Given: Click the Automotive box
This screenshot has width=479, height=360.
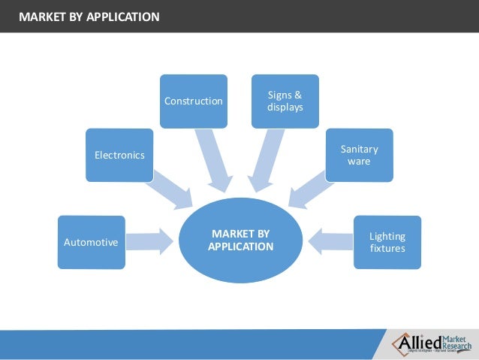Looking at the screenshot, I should (91, 242).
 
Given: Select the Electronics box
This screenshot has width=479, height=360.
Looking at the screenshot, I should (119, 155).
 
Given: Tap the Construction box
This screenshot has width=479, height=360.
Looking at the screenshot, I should (193, 101).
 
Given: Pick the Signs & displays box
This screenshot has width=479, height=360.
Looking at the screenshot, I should (285, 101).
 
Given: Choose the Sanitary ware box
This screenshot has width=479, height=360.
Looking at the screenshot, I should (359, 155).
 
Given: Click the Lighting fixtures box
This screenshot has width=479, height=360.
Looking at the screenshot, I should (387, 241).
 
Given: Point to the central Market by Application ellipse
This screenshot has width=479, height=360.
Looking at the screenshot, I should (240, 241).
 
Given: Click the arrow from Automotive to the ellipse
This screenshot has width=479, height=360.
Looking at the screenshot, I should (150, 241).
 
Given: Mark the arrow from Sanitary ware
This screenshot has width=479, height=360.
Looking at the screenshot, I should (308, 191).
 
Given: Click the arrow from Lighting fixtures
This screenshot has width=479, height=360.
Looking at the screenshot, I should (330, 241).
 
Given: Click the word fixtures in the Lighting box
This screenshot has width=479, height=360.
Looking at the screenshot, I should (387, 248).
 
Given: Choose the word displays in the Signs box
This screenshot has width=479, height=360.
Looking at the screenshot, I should (285, 107).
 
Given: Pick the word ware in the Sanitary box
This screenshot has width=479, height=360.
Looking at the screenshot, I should (359, 161).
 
